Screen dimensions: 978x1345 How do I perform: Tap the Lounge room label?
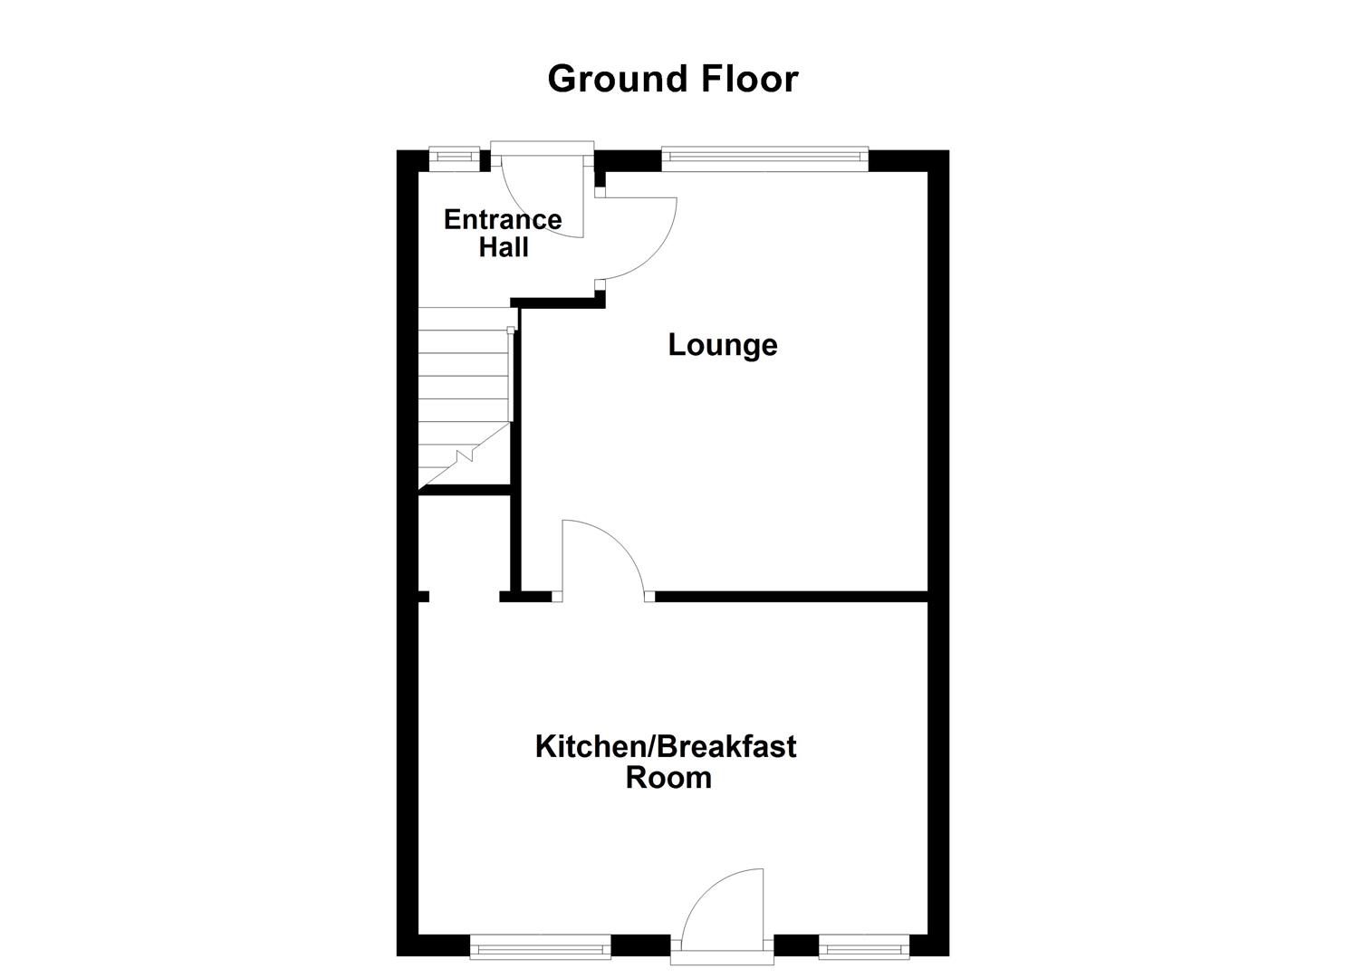tap(722, 345)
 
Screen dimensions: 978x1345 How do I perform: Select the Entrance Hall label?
tap(503, 233)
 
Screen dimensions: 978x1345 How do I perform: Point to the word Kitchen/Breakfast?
tap(666, 747)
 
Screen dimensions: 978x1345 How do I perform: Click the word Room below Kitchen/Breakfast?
tap(668, 778)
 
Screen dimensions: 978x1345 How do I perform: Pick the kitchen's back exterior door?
tap(725, 910)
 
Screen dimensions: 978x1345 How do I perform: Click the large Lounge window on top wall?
tap(764, 158)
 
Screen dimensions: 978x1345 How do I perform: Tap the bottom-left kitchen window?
tap(541, 948)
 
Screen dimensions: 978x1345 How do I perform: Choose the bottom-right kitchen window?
tap(863, 948)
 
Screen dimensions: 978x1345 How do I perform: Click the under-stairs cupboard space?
tap(465, 543)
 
